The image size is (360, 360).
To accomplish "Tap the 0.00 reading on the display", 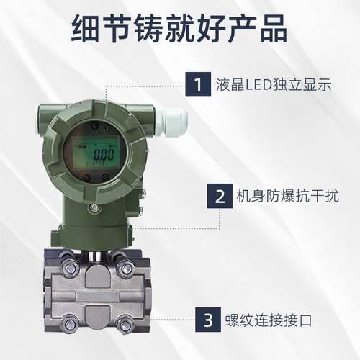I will [104, 153].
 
